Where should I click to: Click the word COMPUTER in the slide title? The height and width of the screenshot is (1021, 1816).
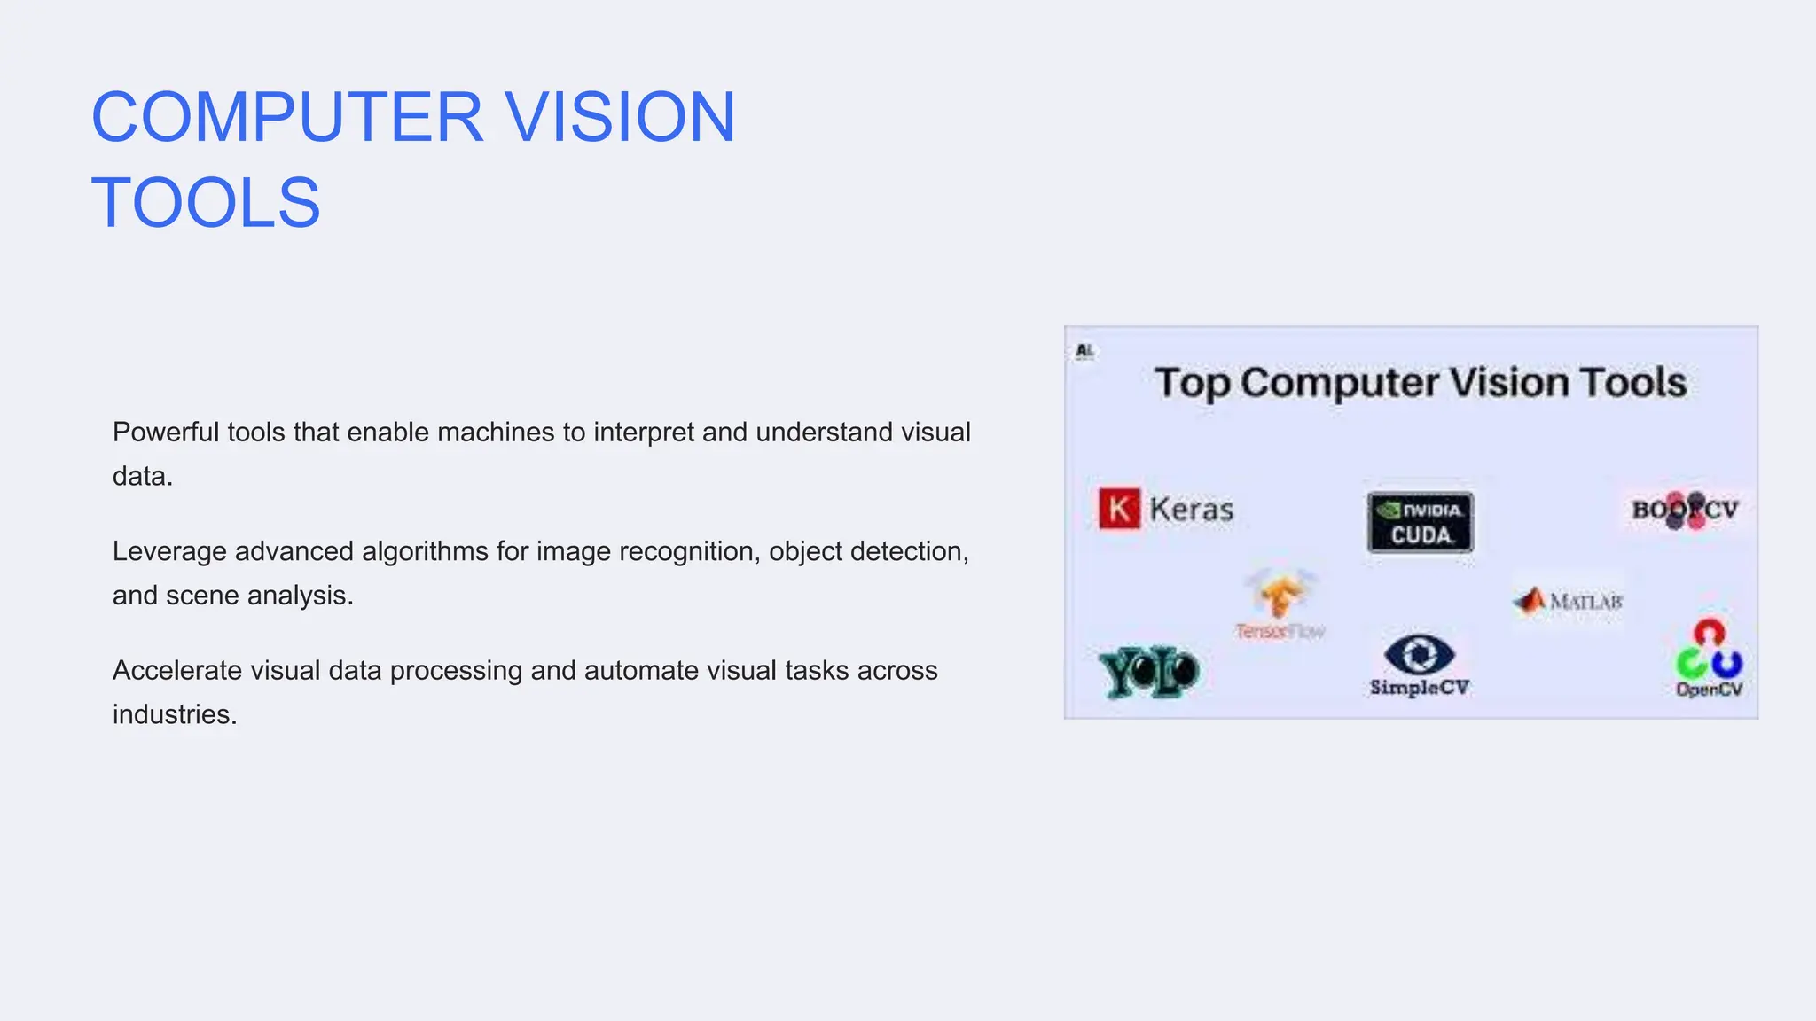[287, 117]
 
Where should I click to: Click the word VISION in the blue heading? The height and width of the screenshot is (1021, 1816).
[621, 117]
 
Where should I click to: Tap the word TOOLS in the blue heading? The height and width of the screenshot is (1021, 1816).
[206, 203]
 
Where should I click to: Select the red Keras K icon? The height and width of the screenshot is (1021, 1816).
[1119, 509]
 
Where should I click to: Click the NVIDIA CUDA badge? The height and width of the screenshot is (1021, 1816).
[1421, 522]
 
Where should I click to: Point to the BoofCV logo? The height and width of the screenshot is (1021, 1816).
[1685, 510]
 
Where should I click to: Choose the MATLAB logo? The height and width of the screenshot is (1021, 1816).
[1568, 601]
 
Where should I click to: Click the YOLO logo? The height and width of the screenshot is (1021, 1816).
[1148, 672]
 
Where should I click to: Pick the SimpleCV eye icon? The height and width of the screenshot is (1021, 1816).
[1419, 655]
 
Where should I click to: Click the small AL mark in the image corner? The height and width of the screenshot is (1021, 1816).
[1084, 351]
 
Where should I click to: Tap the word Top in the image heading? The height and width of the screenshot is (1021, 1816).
[1191, 383]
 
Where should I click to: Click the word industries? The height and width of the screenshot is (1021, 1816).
[174, 714]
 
